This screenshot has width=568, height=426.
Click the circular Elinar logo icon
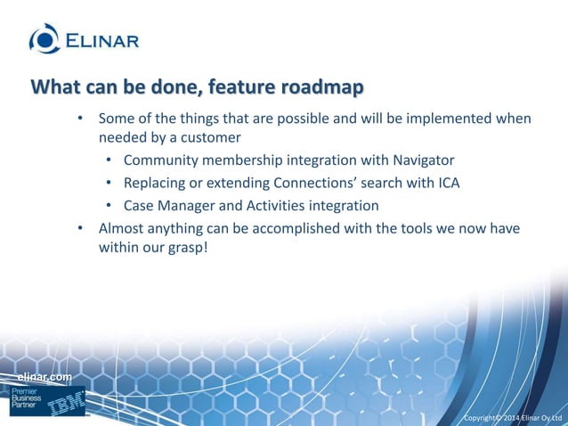tap(45, 38)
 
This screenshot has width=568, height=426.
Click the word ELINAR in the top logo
tap(101, 39)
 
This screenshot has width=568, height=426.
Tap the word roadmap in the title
tap(321, 88)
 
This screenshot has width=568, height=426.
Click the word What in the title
tap(53, 88)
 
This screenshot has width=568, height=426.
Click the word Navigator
tap(420, 160)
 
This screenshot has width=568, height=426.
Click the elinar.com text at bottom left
tap(45, 379)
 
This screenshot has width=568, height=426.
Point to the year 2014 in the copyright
tap(512, 418)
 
